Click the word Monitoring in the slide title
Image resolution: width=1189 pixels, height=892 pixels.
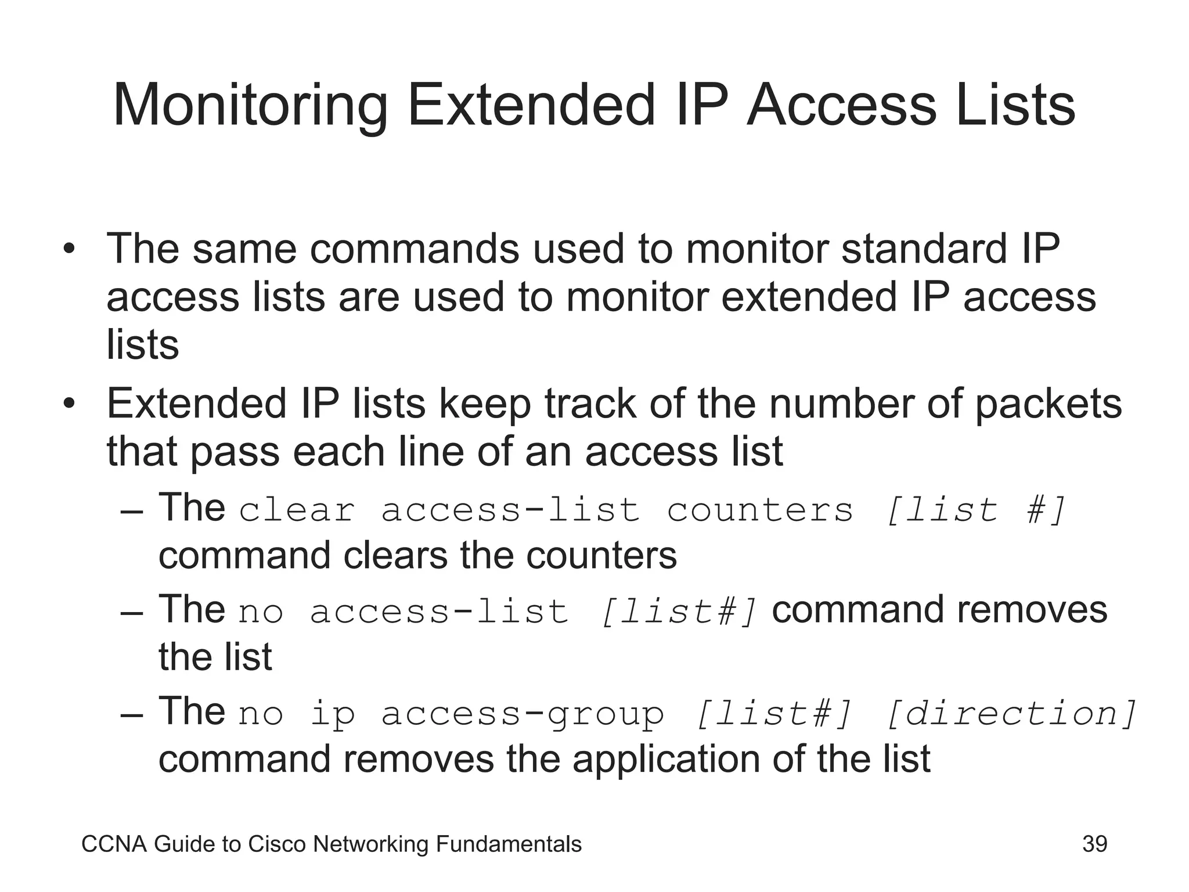[x=250, y=106]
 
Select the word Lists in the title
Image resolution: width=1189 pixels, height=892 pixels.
[x=1015, y=105]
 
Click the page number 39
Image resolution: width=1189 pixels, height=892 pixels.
[x=1094, y=844]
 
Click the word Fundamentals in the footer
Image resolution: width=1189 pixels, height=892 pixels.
[x=508, y=844]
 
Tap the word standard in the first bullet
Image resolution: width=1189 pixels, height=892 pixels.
[x=923, y=249]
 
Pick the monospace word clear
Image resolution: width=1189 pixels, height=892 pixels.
[x=297, y=510]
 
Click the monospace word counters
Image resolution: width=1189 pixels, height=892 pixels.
[x=760, y=510]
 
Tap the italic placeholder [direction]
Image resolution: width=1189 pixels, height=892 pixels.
[x=1011, y=714]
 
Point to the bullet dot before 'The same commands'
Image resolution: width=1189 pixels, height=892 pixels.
[x=69, y=250]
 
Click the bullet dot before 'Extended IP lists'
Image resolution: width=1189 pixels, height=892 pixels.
[x=69, y=405]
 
